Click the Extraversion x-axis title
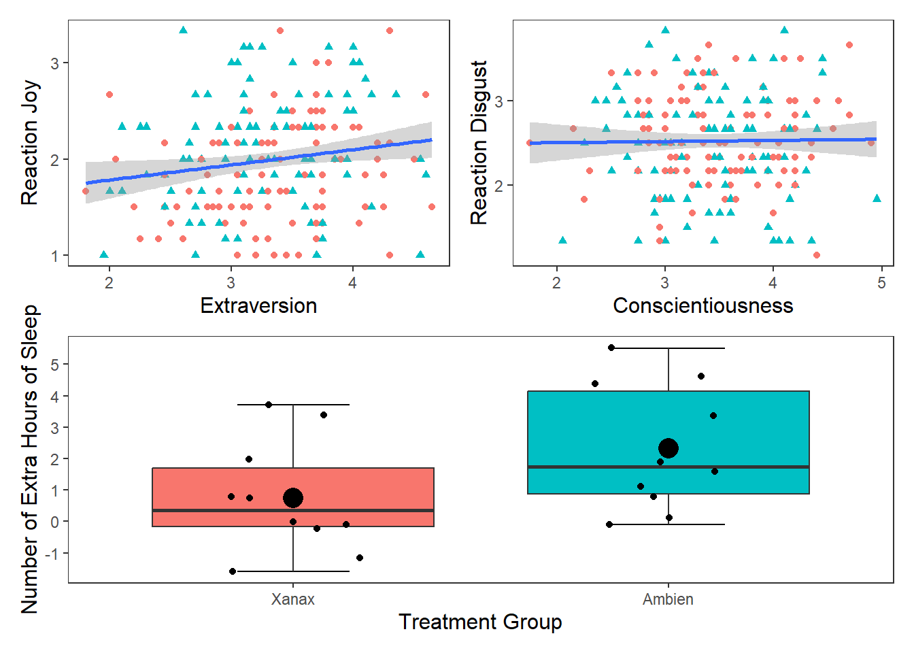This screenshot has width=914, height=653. [x=258, y=306]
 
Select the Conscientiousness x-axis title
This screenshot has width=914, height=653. [x=703, y=306]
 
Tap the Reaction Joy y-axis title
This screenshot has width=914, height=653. [x=29, y=143]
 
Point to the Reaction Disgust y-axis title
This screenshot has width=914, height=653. [x=479, y=143]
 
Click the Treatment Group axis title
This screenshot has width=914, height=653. [x=480, y=622]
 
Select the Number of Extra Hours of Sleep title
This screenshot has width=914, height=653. [x=29, y=459]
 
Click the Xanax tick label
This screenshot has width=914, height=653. [x=293, y=599]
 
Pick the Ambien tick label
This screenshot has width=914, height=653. [x=668, y=599]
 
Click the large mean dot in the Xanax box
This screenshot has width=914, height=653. [x=293, y=498]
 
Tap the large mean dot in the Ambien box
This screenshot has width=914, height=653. [x=668, y=448]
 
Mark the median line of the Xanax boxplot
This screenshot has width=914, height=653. [x=293, y=510]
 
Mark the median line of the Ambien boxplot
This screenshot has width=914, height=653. [x=668, y=467]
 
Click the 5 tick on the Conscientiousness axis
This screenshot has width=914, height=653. [x=881, y=282]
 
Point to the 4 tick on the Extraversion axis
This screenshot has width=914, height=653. [x=352, y=282]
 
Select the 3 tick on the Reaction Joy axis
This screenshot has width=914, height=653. [x=55, y=63]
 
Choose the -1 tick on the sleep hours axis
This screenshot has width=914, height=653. [x=52, y=554]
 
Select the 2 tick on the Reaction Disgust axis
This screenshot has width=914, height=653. [x=499, y=186]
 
